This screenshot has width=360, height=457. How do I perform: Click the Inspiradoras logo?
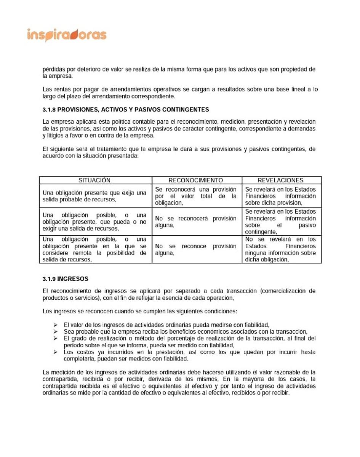pyautogui.click(x=67, y=35)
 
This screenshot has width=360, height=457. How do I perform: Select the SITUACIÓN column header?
pyautogui.click(x=94, y=180)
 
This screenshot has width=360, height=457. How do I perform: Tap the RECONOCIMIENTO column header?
pyautogui.click(x=196, y=180)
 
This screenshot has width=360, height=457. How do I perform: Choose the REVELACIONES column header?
pyautogui.click(x=280, y=180)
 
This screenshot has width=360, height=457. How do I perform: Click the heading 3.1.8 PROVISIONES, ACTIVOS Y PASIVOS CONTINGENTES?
pyautogui.click(x=126, y=110)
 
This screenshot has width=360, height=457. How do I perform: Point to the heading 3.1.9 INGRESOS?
pyautogui.click(x=65, y=279)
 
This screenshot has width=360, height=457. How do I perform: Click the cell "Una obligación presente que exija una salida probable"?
pyautogui.click(x=94, y=196)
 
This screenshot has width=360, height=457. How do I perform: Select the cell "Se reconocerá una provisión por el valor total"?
pyautogui.click(x=196, y=196)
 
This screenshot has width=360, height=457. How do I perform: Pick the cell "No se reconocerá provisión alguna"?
pyautogui.click(x=196, y=222)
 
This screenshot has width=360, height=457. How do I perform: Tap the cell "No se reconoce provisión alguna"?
pyautogui.click(x=196, y=249)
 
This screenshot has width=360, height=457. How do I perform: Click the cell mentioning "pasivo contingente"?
pyautogui.click(x=280, y=222)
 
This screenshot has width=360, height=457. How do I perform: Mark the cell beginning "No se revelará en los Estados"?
pyautogui.click(x=280, y=249)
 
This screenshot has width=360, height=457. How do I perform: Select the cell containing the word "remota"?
pyautogui.click(x=94, y=249)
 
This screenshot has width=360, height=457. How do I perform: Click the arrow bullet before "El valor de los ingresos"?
pyautogui.click(x=56, y=325)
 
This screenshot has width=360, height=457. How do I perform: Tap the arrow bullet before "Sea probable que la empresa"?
pyautogui.click(x=56, y=332)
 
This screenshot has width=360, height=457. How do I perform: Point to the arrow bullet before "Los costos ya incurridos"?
pyautogui.click(x=56, y=352)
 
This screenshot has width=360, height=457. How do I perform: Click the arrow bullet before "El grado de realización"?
pyautogui.click(x=56, y=339)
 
